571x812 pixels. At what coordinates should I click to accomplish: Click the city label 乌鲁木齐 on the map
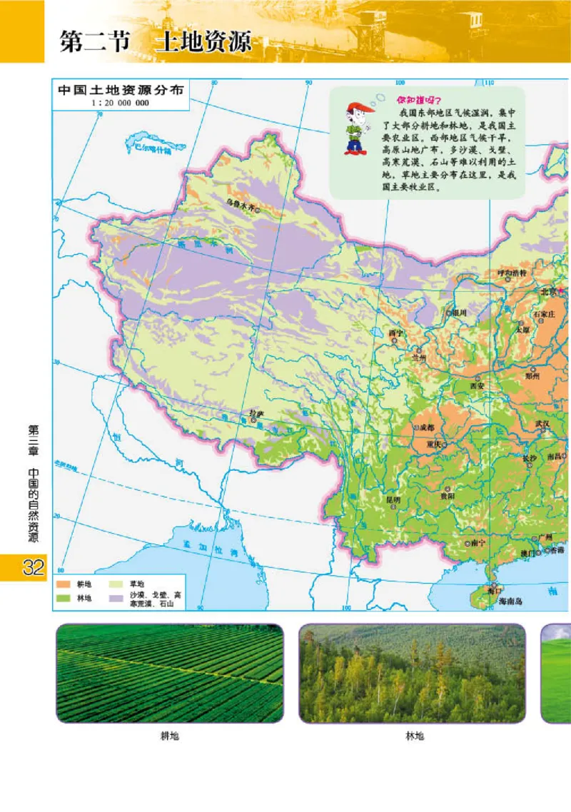239,203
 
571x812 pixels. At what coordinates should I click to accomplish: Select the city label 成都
425,427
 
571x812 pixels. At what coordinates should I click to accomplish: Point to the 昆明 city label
393,500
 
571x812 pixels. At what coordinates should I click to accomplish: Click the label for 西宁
395,333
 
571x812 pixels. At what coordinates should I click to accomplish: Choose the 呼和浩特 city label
512,273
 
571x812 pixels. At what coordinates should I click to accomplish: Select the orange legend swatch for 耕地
63,584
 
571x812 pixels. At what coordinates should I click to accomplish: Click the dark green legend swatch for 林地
63,597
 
